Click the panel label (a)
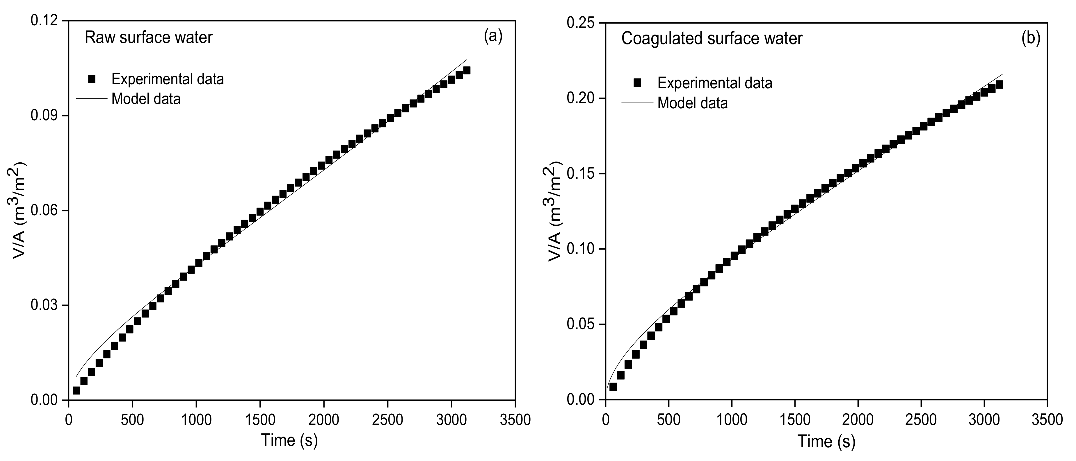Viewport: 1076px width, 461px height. coord(493,37)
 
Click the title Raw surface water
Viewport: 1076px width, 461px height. coord(148,37)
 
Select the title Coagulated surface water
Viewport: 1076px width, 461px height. coord(712,38)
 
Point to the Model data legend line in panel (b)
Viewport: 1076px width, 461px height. coord(637,103)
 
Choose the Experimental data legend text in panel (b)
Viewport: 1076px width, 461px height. coord(715,83)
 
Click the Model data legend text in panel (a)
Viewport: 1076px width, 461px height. coord(146,99)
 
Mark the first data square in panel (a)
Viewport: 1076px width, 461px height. coord(76,390)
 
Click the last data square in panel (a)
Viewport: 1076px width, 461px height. coord(467,71)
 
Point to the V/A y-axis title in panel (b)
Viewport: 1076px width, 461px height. coord(555,212)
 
